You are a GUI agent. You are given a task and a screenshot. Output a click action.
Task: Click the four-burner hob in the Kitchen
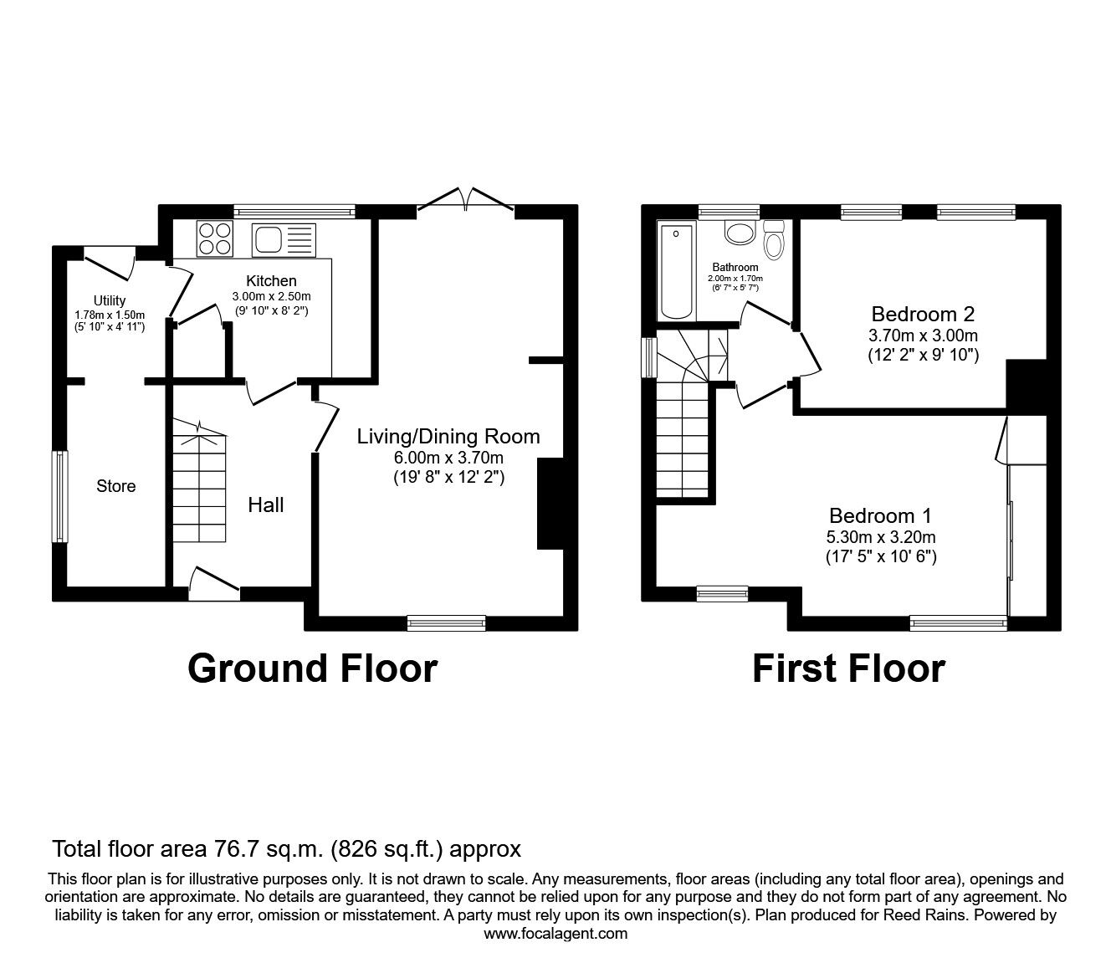click(x=215, y=238)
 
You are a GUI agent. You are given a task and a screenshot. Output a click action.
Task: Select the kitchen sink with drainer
click(x=283, y=239)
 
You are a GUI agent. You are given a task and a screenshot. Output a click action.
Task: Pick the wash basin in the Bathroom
click(x=740, y=232)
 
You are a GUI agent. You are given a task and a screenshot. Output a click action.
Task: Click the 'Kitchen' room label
click(x=270, y=281)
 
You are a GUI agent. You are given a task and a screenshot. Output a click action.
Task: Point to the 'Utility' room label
click(x=110, y=300)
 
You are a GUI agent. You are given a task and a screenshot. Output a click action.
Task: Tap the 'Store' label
click(x=115, y=486)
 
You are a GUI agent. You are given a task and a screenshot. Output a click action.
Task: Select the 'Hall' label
click(x=266, y=505)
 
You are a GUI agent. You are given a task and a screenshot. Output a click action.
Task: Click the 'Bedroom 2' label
click(x=923, y=315)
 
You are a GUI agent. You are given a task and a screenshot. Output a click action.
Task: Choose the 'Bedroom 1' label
click(x=880, y=515)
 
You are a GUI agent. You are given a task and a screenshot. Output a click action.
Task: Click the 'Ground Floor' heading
click(x=312, y=668)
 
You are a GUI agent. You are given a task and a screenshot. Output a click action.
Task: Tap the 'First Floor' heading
click(x=848, y=668)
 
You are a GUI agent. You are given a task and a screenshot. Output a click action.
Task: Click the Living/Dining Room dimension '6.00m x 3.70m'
click(x=448, y=458)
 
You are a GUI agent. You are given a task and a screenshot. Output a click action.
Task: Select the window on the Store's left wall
click(x=59, y=496)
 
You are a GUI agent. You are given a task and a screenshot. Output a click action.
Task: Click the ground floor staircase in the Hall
click(x=199, y=485)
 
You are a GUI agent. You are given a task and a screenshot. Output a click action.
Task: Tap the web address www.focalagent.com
click(x=555, y=934)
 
